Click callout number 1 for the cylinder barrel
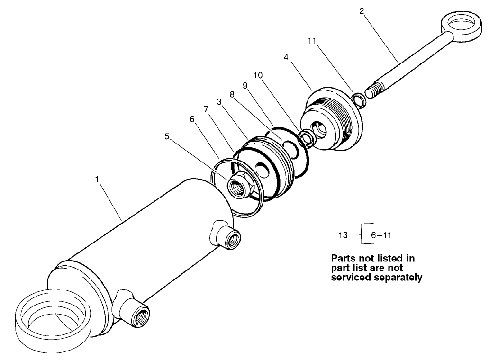97,180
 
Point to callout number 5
167,136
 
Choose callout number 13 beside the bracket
344,235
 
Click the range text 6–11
381,235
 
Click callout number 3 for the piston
219,101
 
